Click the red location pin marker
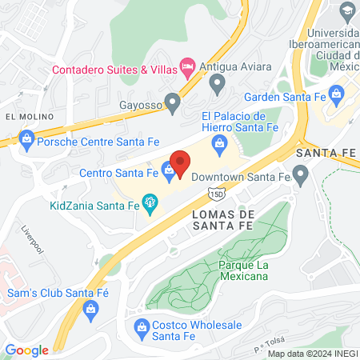[180, 162]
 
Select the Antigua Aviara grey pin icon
[216, 82]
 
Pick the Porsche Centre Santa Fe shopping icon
[27, 142]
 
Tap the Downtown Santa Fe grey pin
[301, 174]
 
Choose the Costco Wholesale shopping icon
[142, 326]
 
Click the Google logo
[27, 350]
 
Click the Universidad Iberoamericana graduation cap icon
[348, 11]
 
